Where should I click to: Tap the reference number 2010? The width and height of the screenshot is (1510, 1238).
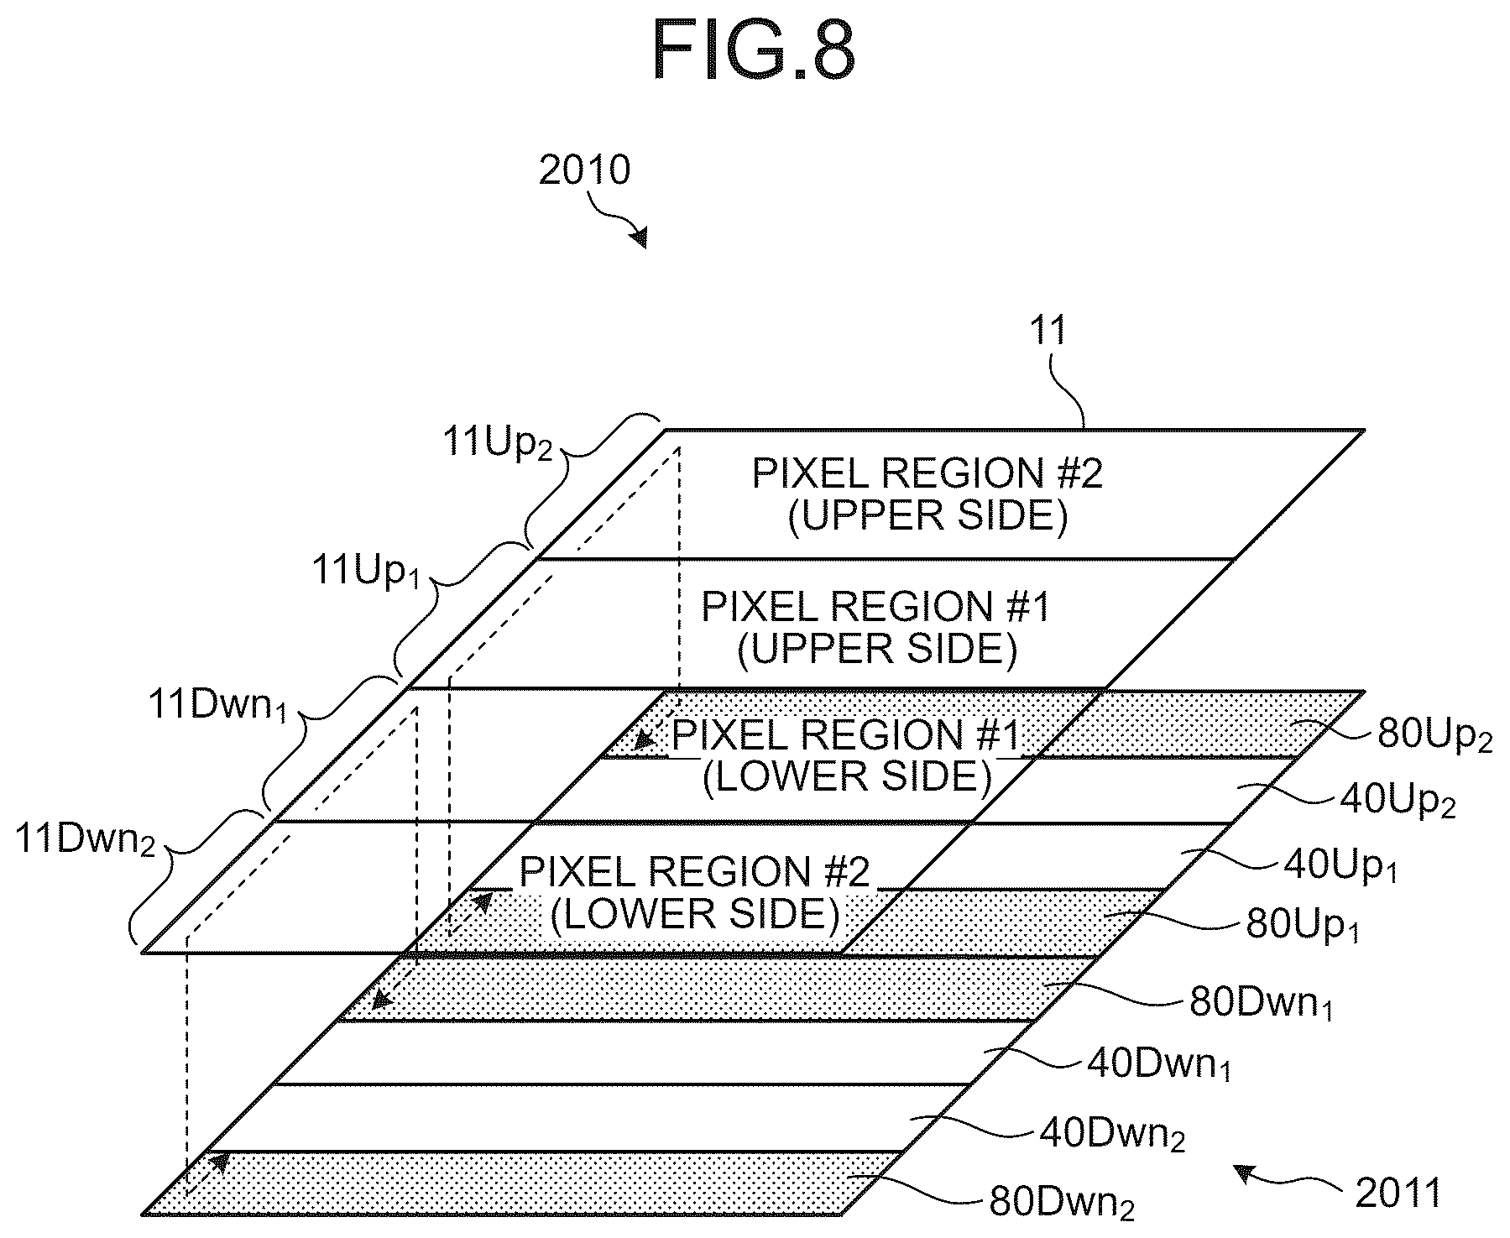pyautogui.click(x=584, y=170)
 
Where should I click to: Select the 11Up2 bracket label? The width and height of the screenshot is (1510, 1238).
pyautogui.click(x=497, y=442)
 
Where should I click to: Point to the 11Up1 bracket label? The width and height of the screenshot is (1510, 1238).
pyautogui.click(x=365, y=572)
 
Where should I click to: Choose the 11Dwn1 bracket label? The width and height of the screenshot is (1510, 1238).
pyautogui.click(x=217, y=707)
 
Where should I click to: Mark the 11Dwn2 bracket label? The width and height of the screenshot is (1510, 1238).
pyautogui.click(x=86, y=840)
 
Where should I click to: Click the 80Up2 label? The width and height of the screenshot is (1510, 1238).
pyautogui.click(x=1434, y=736)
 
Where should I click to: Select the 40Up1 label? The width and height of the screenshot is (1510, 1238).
pyautogui.click(x=1340, y=865)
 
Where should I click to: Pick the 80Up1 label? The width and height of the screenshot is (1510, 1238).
pyautogui.click(x=1302, y=924)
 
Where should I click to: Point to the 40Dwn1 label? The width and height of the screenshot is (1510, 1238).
pyautogui.click(x=1159, y=1064)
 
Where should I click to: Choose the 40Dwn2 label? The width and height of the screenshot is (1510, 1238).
pyautogui.click(x=1112, y=1135)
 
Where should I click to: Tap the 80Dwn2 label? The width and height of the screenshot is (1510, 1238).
pyautogui.click(x=1063, y=1203)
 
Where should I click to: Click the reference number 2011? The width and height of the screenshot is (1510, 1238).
pyautogui.click(x=1398, y=1193)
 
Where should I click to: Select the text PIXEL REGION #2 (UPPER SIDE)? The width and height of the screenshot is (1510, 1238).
pyautogui.click(x=927, y=495)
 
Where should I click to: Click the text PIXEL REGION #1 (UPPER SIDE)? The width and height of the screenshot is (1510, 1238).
pyautogui.click(x=876, y=628)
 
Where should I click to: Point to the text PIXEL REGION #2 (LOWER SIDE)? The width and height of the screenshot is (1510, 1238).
pyautogui.click(x=695, y=893)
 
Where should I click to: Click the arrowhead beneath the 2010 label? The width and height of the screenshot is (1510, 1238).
pyautogui.click(x=640, y=238)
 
